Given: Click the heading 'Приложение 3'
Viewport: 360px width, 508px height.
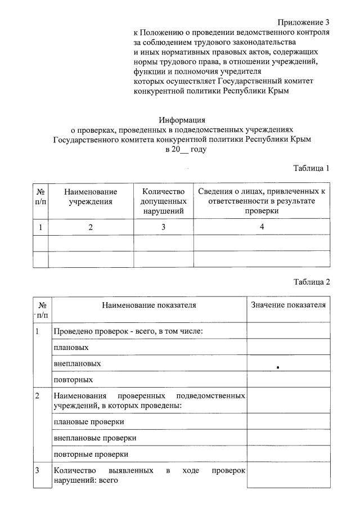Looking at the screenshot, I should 304,23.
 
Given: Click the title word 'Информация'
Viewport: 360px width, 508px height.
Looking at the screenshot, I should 182,119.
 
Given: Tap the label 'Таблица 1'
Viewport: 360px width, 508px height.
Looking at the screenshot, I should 311,168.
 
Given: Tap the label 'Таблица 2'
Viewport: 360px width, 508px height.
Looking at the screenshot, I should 311,282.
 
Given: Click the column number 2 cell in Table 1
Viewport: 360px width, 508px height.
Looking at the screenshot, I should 91,227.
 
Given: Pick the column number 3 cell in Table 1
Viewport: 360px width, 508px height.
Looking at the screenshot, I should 163,227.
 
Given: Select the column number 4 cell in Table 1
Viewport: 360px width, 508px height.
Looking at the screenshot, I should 262,227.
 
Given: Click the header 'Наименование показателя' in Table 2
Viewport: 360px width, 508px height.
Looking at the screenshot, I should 149,305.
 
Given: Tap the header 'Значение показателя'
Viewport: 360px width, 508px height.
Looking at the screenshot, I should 287,305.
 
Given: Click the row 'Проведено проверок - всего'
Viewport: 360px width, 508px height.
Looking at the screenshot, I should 128,331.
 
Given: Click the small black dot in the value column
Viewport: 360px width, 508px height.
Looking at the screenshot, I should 278,367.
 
